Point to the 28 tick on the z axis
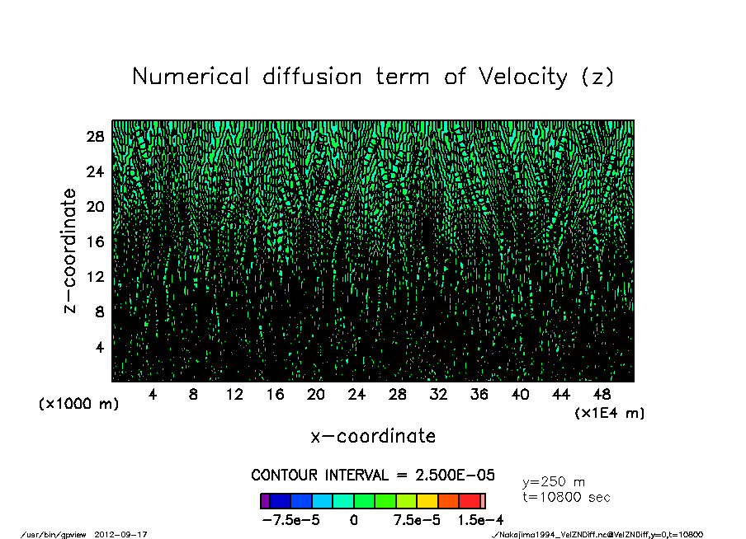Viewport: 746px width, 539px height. click(x=95, y=137)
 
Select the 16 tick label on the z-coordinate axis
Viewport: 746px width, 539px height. click(x=95, y=241)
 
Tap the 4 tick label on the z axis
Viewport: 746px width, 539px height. click(x=99, y=346)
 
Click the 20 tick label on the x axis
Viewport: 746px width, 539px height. click(x=315, y=395)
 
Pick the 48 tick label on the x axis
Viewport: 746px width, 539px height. click(x=602, y=395)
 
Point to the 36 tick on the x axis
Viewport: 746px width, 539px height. click(x=479, y=395)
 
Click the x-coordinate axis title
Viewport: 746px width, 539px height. click(x=373, y=436)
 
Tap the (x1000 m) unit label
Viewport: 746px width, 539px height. click(x=78, y=405)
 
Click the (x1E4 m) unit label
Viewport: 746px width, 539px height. click(x=609, y=412)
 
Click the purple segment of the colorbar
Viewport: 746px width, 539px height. click(x=265, y=501)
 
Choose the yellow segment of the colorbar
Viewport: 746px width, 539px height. click(x=427, y=501)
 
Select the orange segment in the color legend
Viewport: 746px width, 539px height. click(x=448, y=501)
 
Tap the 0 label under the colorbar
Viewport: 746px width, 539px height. click(x=353, y=520)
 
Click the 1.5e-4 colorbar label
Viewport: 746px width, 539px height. click(x=481, y=520)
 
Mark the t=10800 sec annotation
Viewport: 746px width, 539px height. click(x=566, y=498)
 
